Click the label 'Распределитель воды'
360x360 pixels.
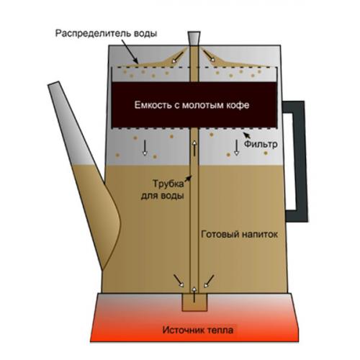click(106, 33)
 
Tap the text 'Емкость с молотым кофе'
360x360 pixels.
click(192, 105)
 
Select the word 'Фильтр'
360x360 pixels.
click(261, 144)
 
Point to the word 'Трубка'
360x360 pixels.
click(168, 184)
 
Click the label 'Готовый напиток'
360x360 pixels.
click(239, 234)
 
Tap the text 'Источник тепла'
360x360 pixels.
click(198, 330)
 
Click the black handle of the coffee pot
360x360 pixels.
click(296, 161)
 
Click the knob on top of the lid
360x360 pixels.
click(194, 38)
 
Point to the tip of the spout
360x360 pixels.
click(53, 84)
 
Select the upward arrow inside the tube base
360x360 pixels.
click(194, 294)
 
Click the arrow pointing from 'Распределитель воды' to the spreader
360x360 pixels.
click(130, 51)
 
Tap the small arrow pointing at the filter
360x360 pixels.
click(246, 135)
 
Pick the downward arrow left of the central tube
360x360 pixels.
click(145, 148)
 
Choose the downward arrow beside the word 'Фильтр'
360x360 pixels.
click(237, 148)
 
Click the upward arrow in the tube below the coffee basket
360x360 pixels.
click(194, 148)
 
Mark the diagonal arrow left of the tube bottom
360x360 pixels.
click(179, 281)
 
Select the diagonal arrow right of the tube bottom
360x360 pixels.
click(209, 282)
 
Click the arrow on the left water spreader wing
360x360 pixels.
click(177, 58)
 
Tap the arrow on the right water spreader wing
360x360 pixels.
click(210, 56)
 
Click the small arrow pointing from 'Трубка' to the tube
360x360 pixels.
click(189, 179)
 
